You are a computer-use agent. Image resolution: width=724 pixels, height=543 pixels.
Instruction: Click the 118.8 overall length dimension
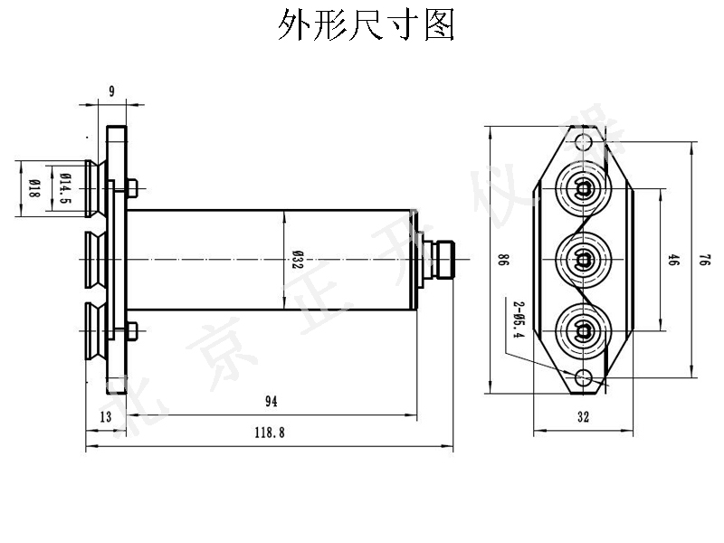click(x=271, y=433)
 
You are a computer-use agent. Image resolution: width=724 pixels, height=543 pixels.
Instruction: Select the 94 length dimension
click(x=271, y=401)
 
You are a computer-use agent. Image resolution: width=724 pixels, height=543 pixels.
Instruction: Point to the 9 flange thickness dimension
click(x=111, y=90)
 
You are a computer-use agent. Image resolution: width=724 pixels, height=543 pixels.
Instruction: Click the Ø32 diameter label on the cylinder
click(x=297, y=261)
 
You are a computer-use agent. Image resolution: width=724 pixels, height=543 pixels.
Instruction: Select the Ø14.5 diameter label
click(x=64, y=188)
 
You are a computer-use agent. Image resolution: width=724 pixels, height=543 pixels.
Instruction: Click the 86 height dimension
click(x=502, y=260)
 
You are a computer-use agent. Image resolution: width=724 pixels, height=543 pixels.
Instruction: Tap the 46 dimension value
click(x=673, y=261)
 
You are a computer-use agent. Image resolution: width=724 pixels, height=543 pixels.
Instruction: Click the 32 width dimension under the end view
click(x=582, y=417)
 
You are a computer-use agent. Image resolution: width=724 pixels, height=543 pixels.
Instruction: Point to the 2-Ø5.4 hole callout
click(x=519, y=319)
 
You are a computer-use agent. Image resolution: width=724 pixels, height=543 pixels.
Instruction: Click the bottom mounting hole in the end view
click(x=583, y=376)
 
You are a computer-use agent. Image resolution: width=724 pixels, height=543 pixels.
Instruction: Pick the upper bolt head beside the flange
click(x=132, y=188)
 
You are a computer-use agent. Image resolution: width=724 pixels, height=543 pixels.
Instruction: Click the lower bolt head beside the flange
click(x=132, y=331)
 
